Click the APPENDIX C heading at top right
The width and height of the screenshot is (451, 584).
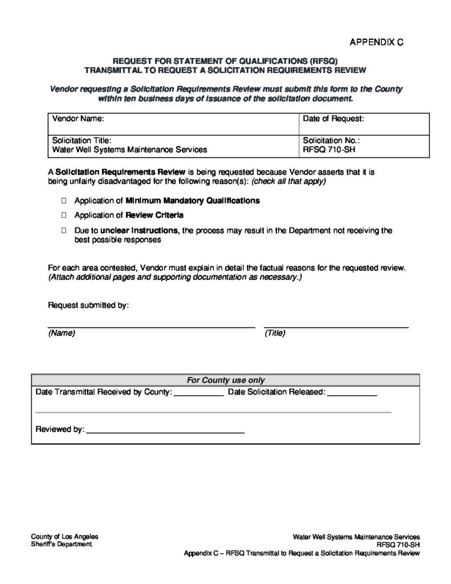[376, 43]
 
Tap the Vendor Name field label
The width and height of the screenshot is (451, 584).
[77, 119]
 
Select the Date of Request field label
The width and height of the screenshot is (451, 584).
[334, 119]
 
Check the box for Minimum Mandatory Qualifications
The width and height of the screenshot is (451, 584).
[64, 201]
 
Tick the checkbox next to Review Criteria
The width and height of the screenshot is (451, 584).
[64, 216]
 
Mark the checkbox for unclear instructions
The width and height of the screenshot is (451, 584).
[64, 231]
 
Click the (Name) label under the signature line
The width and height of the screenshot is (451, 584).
[62, 333]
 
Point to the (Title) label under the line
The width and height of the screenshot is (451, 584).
[275, 333]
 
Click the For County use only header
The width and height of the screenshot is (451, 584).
[226, 380]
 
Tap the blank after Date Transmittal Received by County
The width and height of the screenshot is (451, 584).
[198, 394]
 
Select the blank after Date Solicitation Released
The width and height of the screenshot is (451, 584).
[352, 394]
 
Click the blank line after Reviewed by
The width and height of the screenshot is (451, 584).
[165, 430]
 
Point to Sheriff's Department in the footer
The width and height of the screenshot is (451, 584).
[61, 545]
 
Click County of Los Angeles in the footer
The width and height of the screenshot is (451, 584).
[64, 537]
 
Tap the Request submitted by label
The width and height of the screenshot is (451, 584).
[88, 305]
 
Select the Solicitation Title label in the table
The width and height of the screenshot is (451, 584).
[82, 140]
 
